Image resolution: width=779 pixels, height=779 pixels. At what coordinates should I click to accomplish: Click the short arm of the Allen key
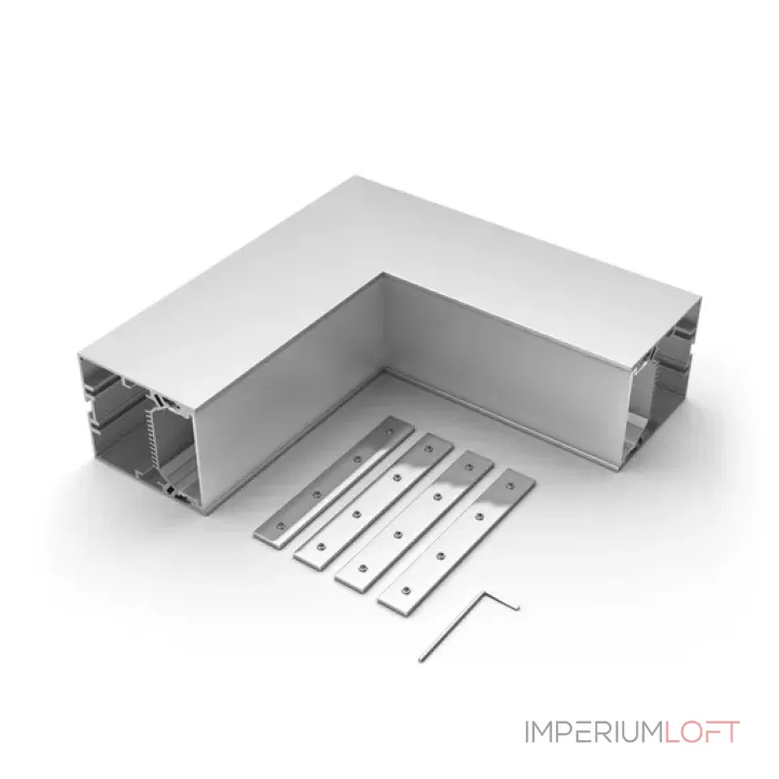coord(501,600)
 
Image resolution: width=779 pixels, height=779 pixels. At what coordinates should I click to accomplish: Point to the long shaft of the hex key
coord(451,627)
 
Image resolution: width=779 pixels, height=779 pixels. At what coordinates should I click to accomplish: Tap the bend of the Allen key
coord(482,593)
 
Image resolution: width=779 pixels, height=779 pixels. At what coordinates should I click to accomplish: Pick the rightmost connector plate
coord(457,539)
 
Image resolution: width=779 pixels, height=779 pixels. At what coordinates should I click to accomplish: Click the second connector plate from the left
coord(374,501)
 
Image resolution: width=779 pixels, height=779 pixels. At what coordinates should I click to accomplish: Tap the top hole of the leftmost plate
coord(389,432)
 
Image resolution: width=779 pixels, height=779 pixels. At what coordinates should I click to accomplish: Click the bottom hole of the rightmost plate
coord(406,590)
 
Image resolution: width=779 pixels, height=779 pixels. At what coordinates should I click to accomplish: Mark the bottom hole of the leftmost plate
coord(280,525)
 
